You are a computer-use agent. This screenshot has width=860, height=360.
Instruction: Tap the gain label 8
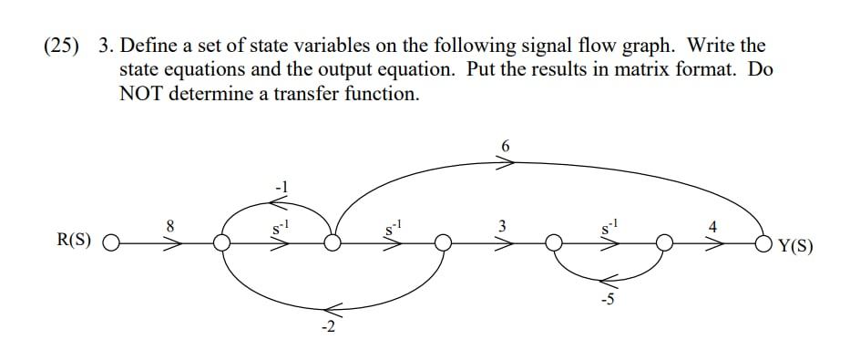[169, 223]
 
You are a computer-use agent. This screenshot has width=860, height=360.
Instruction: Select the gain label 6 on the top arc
[507, 146]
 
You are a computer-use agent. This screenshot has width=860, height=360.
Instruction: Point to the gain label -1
[280, 186]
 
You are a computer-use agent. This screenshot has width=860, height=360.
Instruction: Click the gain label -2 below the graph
[327, 328]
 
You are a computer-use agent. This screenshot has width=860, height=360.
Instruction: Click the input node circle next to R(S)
[111, 243]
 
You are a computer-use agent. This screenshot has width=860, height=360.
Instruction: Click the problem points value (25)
[62, 46]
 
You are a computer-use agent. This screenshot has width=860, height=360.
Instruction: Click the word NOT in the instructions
[145, 93]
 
